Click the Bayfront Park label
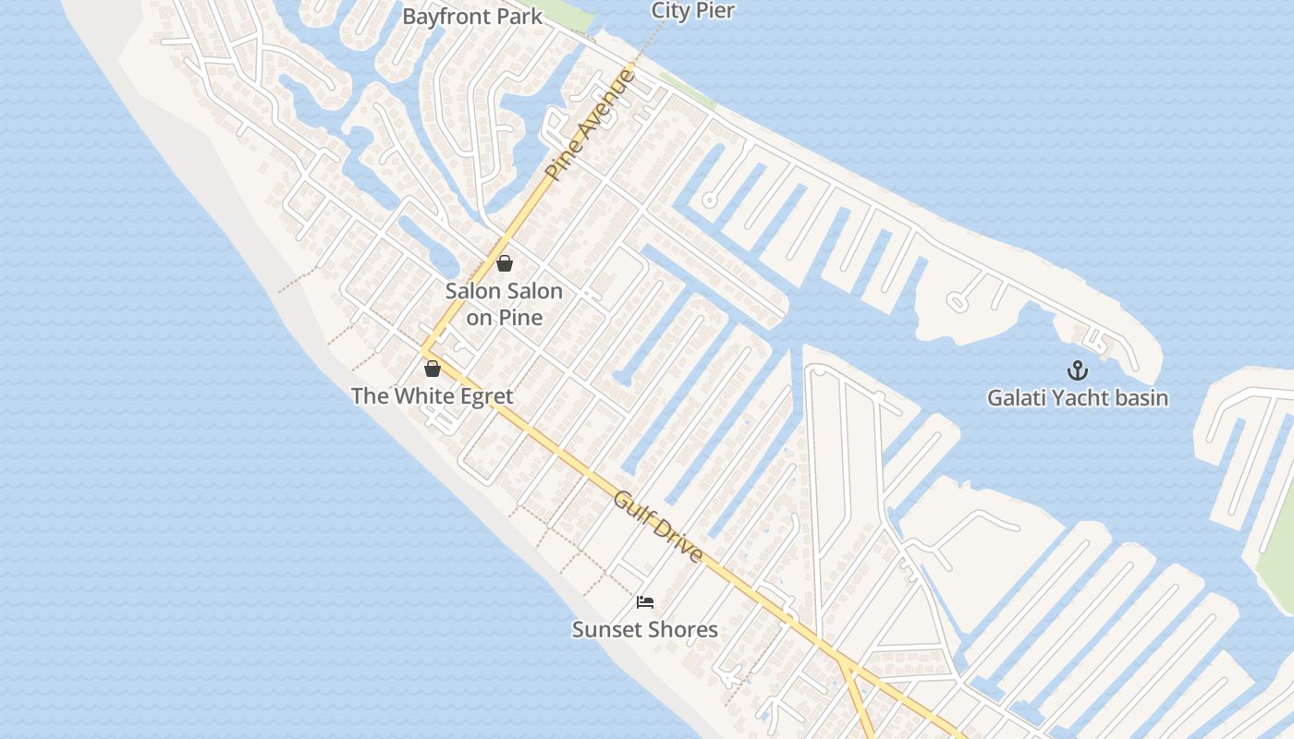tap(472, 17)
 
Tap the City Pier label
tap(692, 11)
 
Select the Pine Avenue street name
tap(591, 124)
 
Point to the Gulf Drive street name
tap(658, 527)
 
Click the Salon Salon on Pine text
tap(504, 304)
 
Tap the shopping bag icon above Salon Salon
tap(504, 263)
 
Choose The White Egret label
tap(432, 396)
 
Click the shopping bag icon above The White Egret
tap(432, 369)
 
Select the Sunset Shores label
tap(644, 630)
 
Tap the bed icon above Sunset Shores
tap(645, 602)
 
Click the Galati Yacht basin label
tap(1078, 398)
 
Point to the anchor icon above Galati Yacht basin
tap(1078, 370)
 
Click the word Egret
tap(482, 396)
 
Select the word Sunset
tap(605, 630)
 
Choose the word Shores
tap(682, 630)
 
